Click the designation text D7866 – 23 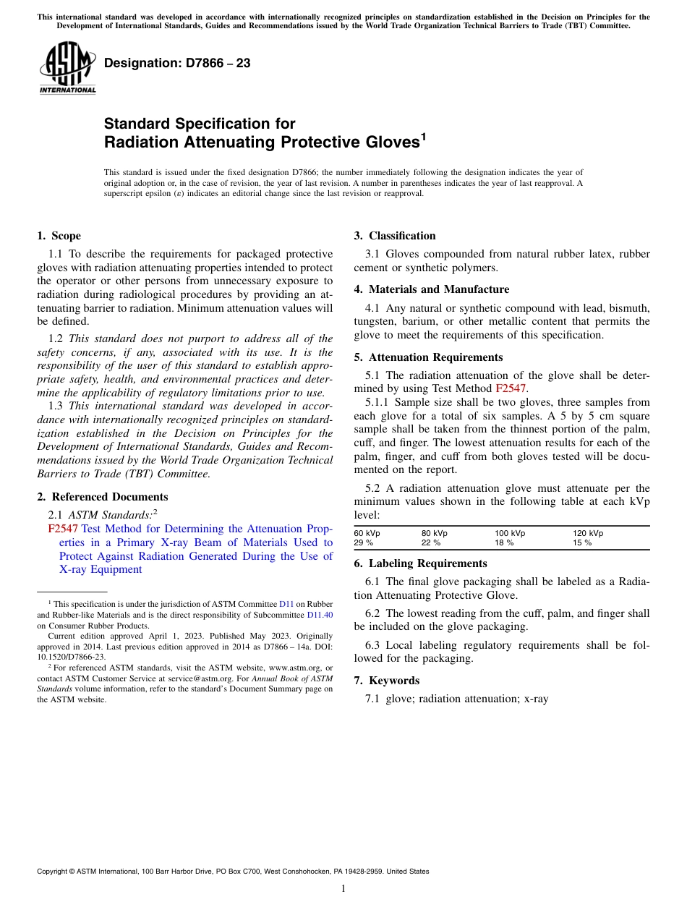point(177,64)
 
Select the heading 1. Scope point(59,236)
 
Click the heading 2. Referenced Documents point(103,497)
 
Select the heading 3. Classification point(395,236)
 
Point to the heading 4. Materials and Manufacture point(432,289)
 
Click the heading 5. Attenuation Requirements point(429,357)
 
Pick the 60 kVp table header point(367,533)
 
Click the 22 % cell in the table point(431,542)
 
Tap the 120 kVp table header point(588,533)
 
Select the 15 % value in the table point(582,542)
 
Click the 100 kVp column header point(510,533)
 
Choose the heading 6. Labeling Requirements point(421,563)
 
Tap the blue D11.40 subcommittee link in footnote point(320,615)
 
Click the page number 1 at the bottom point(343,889)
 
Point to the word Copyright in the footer point(52,872)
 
